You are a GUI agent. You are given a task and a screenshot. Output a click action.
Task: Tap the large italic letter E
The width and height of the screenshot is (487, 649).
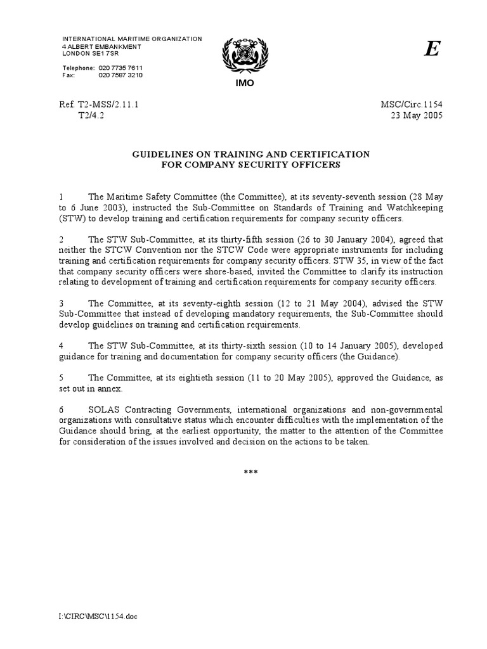(x=431, y=51)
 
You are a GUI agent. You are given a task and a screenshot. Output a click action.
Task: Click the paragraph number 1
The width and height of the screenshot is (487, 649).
(x=61, y=196)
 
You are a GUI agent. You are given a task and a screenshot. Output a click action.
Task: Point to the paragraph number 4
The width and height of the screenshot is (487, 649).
(x=61, y=345)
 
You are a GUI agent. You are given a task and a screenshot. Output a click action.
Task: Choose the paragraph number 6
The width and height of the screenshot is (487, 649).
(x=61, y=410)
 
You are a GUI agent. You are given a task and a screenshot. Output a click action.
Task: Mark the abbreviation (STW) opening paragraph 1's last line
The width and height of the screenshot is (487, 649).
(x=72, y=218)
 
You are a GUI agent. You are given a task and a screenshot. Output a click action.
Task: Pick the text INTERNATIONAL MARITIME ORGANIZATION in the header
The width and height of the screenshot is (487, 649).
(x=132, y=39)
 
